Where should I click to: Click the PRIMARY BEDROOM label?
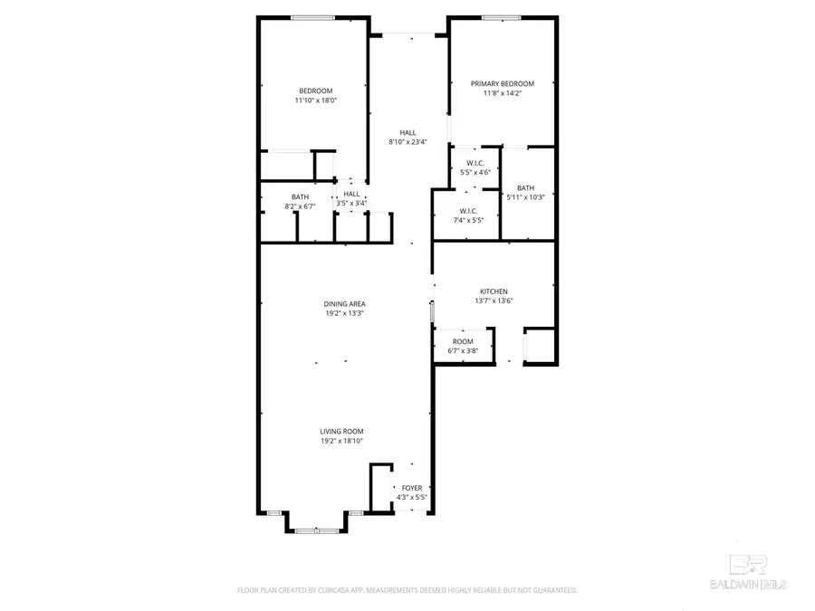pyautogui.click(x=502, y=83)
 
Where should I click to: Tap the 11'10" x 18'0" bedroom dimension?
pyautogui.click(x=315, y=100)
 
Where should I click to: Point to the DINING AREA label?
pyautogui.click(x=344, y=304)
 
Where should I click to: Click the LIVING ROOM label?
pyautogui.click(x=340, y=432)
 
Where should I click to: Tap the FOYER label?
pyautogui.click(x=412, y=488)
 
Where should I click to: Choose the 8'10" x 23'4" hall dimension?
pyautogui.click(x=407, y=142)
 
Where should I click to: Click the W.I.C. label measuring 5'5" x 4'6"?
pyautogui.click(x=475, y=163)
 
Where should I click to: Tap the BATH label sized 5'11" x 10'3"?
pyautogui.click(x=526, y=188)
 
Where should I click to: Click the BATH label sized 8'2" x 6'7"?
pyautogui.click(x=300, y=197)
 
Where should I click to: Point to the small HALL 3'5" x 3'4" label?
pyautogui.click(x=351, y=194)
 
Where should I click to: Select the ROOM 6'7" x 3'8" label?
pyautogui.click(x=463, y=341)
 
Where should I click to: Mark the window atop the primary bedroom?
pyautogui.click(x=501, y=17)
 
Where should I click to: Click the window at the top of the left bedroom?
pyautogui.click(x=313, y=17)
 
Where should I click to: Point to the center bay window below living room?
pyautogui.click(x=315, y=530)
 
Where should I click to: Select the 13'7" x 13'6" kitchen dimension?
pyautogui.click(x=494, y=301)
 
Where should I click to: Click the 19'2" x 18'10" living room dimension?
pyautogui.click(x=340, y=442)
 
